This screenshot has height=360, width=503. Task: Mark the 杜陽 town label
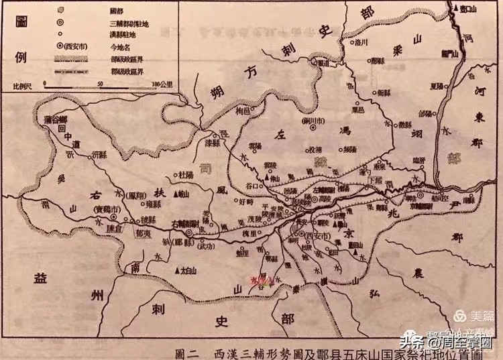coord(186,175)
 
